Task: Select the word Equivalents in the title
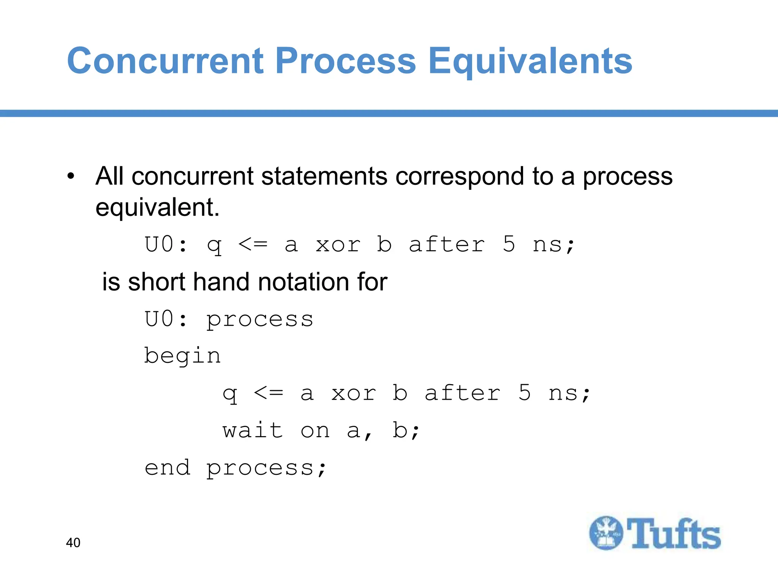[x=530, y=61]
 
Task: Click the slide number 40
[x=73, y=542]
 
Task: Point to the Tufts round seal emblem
[x=606, y=533]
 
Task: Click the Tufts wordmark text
[x=673, y=534]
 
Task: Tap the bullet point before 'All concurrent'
[x=71, y=176]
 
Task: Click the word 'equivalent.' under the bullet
[x=157, y=208]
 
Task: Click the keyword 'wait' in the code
[x=253, y=431]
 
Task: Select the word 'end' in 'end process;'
[x=167, y=467]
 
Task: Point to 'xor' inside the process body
[x=353, y=393]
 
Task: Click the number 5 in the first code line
[x=509, y=244]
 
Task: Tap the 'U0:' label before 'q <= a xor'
[x=166, y=244]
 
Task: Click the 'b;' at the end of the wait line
[x=406, y=431]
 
